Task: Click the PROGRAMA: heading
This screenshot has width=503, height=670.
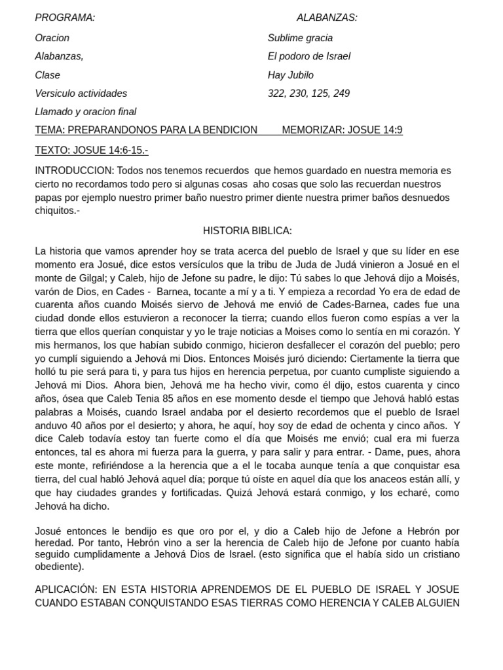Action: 65,18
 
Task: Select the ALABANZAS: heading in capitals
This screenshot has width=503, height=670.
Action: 327,18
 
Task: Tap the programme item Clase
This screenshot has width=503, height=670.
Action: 47,75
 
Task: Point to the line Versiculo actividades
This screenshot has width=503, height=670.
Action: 81,94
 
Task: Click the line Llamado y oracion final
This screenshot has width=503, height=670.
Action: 85,112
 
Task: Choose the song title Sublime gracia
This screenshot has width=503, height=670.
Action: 300,38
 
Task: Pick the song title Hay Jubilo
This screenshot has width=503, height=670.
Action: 290,75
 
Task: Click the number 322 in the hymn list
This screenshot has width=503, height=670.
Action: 276,94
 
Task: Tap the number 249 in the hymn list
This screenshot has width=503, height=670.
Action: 341,94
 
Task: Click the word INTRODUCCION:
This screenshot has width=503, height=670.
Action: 74,171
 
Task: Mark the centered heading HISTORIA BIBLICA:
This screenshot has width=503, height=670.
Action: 247,231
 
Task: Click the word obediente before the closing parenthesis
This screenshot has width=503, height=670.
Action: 58,566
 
